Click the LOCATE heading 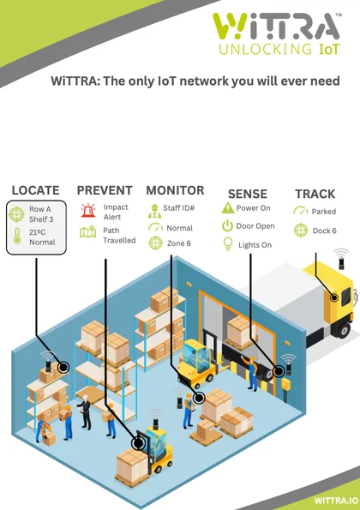coord(36,190)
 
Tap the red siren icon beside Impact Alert coord(87,211)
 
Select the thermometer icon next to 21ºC coord(17,236)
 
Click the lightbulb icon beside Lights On coord(228,244)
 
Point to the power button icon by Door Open coord(227,225)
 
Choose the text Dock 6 coord(324,231)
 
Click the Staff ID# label coord(178,207)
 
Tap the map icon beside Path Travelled coord(87,232)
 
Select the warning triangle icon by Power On coord(228,208)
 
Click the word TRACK coord(315,194)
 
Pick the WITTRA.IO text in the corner coord(336,501)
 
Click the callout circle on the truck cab coord(334,297)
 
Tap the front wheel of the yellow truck coord(344,330)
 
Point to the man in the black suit coord(86,411)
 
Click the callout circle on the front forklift coord(138,443)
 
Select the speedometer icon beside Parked coord(301,211)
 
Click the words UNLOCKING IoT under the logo coord(279,50)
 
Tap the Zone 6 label coord(179,243)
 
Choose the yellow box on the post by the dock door coord(285,384)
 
